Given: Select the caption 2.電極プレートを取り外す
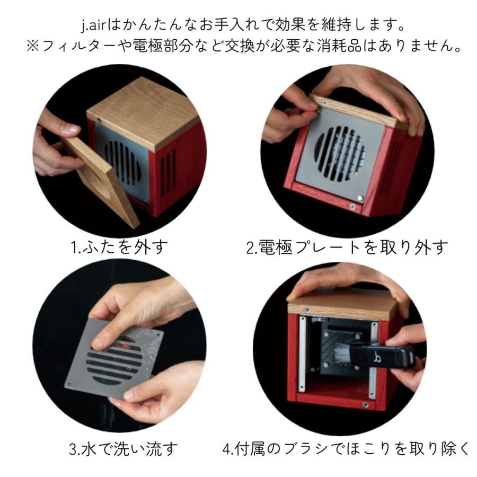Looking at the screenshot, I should tap(347, 247).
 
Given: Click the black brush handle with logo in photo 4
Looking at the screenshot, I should tap(382, 356).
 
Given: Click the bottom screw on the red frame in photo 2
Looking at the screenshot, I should tap(352, 207).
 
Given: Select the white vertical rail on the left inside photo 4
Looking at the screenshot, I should tap(303, 360).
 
